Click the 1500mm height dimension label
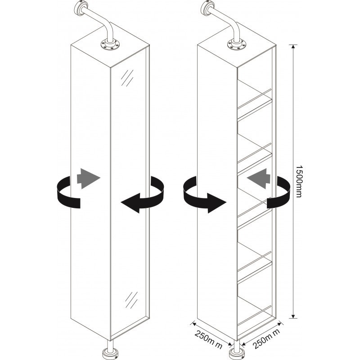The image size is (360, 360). click(298, 181)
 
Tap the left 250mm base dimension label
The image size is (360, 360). click(208, 339)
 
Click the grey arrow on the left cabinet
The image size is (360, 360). click(88, 179)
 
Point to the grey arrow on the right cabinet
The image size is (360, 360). click(259, 178)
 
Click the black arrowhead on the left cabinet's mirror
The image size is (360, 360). click(130, 203)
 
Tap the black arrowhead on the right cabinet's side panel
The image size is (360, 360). click(217, 203)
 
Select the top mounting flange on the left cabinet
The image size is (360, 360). click(110, 44)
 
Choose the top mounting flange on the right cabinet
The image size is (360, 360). click(237, 44)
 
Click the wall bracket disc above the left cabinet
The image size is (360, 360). click(81, 8)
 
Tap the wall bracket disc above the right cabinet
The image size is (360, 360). click(207, 8)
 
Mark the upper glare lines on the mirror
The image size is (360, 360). click(127, 78)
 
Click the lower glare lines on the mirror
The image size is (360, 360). click(131, 300)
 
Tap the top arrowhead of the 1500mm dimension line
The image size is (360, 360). click(293, 47)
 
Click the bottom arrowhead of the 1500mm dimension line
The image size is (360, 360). click(293, 316)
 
